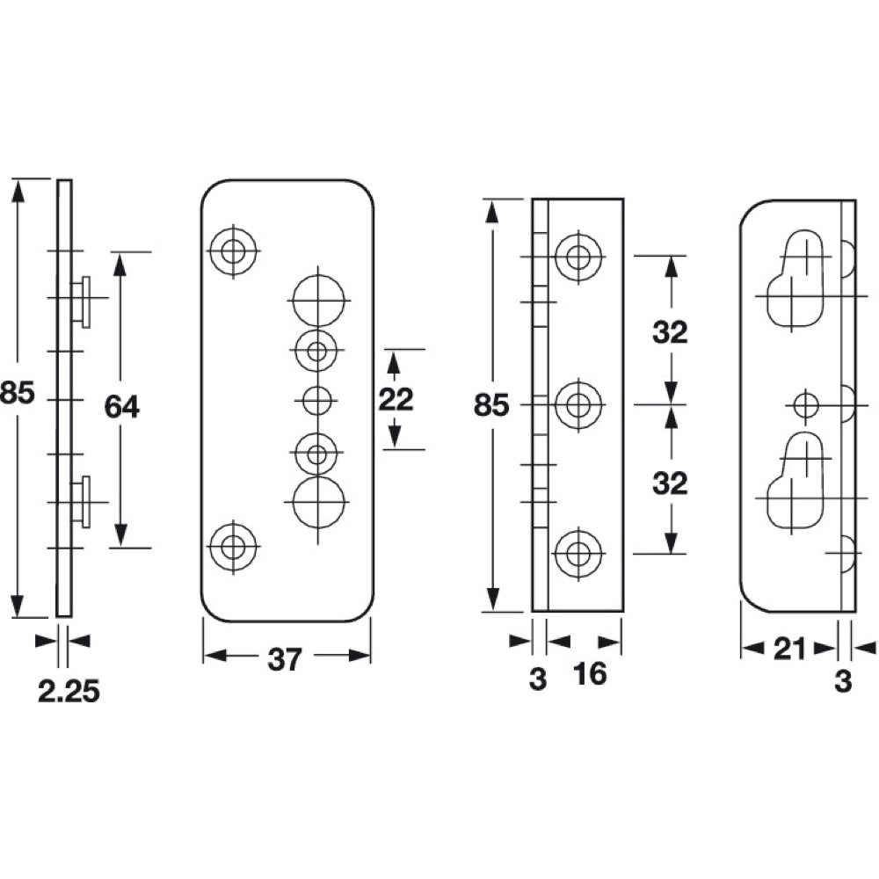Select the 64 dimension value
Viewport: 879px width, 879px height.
121,406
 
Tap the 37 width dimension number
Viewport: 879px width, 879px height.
285,658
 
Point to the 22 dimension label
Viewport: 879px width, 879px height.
396,400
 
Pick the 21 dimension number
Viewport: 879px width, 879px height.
788,650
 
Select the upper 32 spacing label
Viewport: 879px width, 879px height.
670,332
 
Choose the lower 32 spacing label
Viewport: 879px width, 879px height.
670,483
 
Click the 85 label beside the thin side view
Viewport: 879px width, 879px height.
18,393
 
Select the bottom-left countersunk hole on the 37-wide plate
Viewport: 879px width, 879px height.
233,547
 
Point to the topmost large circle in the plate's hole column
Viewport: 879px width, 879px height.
316,300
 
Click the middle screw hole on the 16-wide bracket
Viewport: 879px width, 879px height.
578,405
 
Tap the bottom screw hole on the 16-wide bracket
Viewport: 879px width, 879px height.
578,554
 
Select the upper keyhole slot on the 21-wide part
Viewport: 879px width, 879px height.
796,281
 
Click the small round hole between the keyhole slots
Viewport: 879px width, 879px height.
805,405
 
